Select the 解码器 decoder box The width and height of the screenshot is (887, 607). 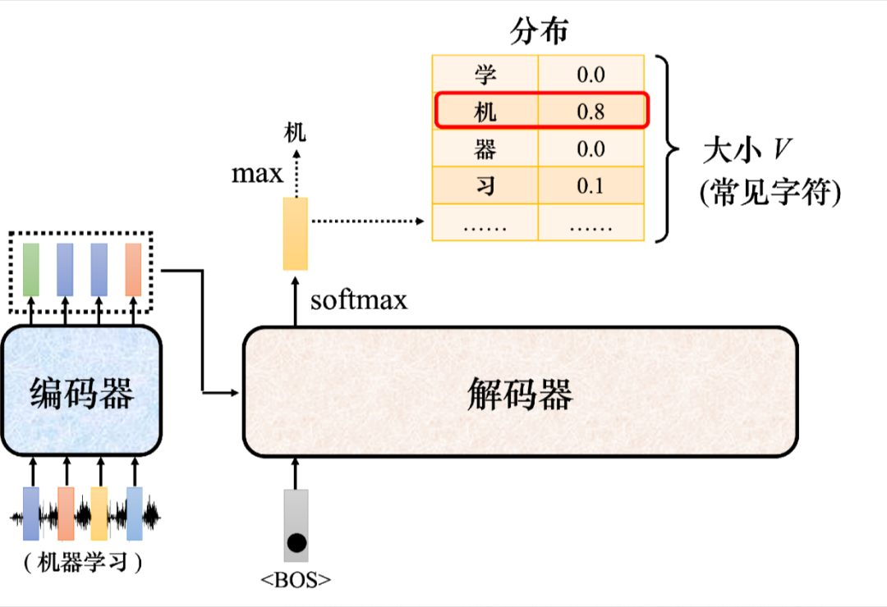coord(520,392)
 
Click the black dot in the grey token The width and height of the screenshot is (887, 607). coord(296,542)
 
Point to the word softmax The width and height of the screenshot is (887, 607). coord(359,300)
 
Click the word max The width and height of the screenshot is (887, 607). coord(257,174)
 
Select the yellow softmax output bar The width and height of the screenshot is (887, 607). coord(296,234)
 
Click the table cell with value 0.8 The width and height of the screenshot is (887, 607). coord(591,112)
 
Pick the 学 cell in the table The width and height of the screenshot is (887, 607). coord(485,75)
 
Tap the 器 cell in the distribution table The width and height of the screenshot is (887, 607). coord(485,148)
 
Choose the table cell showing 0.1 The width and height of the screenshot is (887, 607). coord(591,185)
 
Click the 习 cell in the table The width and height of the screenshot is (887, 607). coord(485,185)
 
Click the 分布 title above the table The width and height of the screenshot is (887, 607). coord(539,33)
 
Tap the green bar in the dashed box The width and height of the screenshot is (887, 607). coord(31,269)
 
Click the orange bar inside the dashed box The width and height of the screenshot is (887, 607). coord(133,269)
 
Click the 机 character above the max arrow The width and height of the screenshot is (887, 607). coord(294,132)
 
